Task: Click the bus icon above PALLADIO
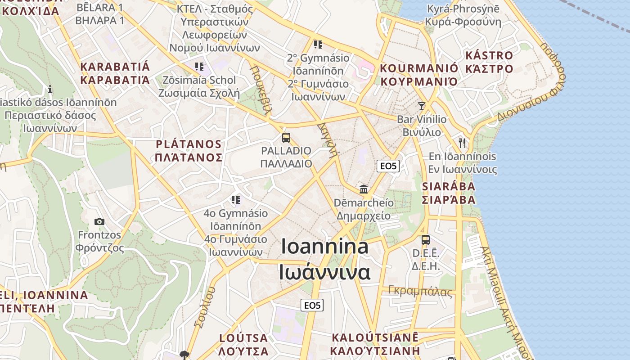tap(286, 138)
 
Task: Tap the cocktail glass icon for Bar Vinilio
tap(421, 106)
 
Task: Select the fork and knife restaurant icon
tap(462, 143)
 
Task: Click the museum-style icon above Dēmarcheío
tap(364, 189)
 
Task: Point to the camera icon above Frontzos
tap(99, 221)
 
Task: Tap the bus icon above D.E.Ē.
tap(425, 240)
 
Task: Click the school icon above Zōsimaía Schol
tap(199, 67)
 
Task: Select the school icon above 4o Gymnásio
tap(236, 199)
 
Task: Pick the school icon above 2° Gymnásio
tap(318, 45)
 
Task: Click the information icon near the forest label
tap(50, 89)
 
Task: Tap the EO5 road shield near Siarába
tap(388, 166)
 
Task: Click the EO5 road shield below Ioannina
tap(312, 306)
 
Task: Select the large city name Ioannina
tap(324, 247)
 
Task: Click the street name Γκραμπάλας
tap(420, 291)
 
